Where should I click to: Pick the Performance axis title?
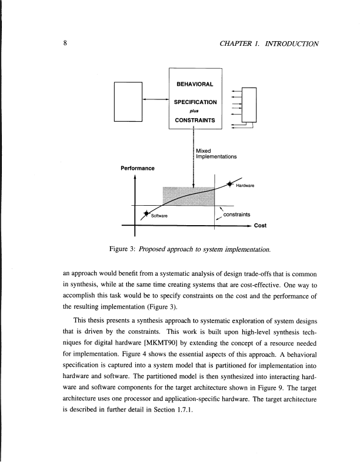point(137,168)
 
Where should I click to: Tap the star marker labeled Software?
point(146,213)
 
